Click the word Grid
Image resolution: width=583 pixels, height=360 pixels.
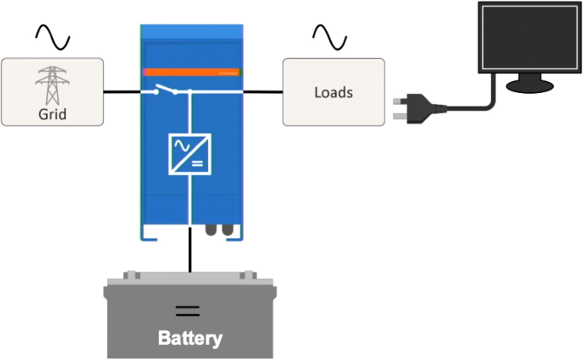click(x=52, y=114)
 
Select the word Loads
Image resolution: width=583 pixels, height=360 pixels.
click(x=334, y=92)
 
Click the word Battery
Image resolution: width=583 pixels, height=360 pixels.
click(x=190, y=338)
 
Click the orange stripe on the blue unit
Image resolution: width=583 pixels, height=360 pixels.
click(x=191, y=72)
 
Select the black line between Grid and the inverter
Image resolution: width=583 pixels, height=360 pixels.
click(x=123, y=92)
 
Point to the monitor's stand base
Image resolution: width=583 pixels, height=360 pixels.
click(x=530, y=84)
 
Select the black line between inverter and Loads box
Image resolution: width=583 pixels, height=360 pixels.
click(x=263, y=92)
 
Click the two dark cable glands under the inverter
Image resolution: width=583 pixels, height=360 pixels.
click(x=220, y=230)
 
